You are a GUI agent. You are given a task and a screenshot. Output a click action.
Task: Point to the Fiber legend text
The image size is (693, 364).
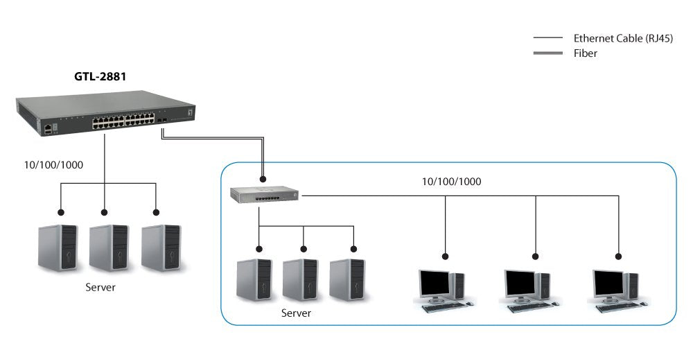585,53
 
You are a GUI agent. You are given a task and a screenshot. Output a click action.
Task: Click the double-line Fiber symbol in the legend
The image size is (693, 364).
547,53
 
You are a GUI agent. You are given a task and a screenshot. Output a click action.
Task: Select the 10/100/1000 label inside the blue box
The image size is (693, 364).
452,182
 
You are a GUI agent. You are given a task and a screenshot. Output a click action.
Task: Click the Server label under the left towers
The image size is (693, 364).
100,287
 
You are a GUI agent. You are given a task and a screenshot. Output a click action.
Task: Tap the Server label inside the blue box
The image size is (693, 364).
296,313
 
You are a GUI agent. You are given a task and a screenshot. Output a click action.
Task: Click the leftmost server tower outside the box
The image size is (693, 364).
58,248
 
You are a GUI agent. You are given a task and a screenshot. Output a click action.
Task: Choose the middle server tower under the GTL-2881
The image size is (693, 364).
109,248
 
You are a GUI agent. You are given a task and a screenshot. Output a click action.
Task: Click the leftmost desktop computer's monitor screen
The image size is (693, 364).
435,282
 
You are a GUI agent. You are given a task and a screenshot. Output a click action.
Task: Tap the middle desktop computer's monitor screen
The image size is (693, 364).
520,282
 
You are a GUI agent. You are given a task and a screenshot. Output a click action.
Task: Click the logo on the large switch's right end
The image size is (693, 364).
191,110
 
